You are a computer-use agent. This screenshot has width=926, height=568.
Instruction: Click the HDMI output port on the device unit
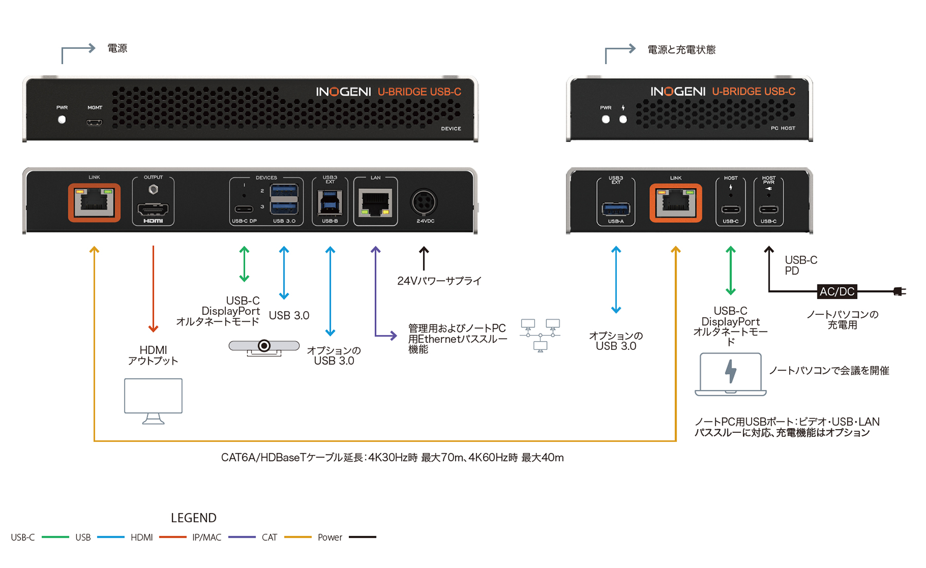153,209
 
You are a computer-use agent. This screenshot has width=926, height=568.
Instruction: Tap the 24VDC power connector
424,202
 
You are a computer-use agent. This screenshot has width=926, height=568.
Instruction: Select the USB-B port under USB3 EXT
330,203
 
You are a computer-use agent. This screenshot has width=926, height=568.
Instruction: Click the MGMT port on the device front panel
94,122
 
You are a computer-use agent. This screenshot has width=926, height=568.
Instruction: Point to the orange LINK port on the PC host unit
675,203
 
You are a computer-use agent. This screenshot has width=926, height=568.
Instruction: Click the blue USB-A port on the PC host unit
616,209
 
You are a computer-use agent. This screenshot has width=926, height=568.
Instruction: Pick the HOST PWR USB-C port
769,209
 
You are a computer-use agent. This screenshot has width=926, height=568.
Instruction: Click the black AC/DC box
837,292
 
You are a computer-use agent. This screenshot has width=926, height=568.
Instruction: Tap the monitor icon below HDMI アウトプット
153,401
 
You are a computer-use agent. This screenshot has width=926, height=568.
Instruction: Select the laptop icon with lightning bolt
731,374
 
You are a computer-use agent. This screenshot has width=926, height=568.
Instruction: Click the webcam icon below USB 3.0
264,347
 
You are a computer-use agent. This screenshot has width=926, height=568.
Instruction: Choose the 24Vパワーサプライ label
439,281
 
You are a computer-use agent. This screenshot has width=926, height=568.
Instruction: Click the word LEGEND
193,518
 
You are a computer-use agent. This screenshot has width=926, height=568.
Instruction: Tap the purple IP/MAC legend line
242,537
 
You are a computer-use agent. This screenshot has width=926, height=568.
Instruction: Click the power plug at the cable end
900,292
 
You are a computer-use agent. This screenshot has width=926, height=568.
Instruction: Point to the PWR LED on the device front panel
62,120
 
